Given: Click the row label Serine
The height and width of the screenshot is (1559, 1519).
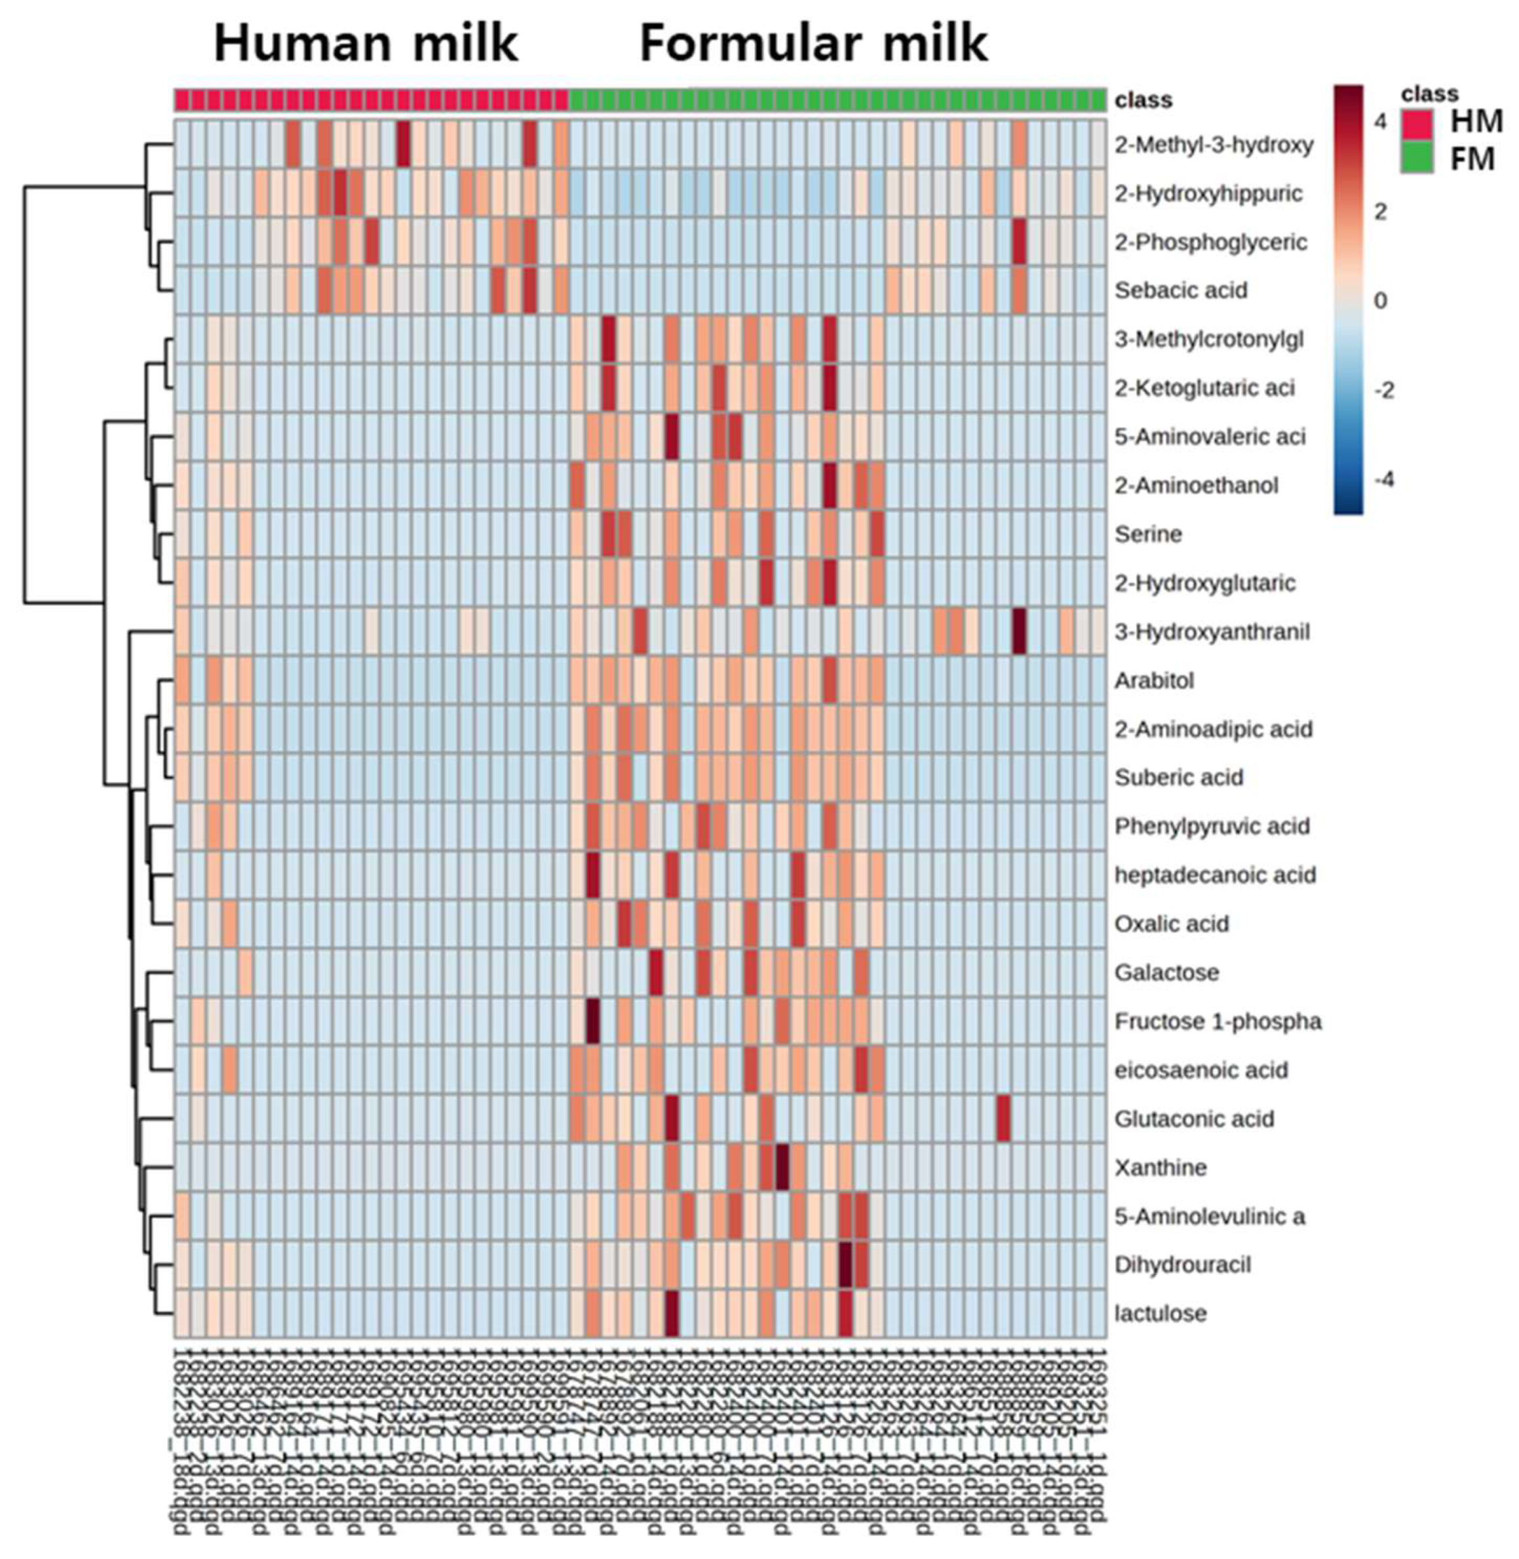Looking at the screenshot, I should pyautogui.click(x=1148, y=534).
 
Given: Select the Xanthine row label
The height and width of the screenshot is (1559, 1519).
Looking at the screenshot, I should pyautogui.click(x=1160, y=1167).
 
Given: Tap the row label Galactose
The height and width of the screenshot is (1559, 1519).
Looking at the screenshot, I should pyautogui.click(x=1166, y=972).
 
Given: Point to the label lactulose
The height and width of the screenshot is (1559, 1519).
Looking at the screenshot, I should pyautogui.click(x=1160, y=1313).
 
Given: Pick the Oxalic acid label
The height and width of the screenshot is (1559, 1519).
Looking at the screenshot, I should pyautogui.click(x=1171, y=924).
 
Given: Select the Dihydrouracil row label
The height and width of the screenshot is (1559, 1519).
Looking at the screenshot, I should pyautogui.click(x=1182, y=1265).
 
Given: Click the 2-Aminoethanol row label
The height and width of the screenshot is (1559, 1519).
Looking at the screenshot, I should pyautogui.click(x=1196, y=485).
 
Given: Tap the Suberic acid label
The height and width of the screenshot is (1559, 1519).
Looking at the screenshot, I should pyautogui.click(x=1178, y=777).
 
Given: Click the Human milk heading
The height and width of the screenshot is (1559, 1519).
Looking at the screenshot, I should pyautogui.click(x=366, y=44).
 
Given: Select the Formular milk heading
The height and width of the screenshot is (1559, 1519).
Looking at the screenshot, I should pyautogui.click(x=814, y=44).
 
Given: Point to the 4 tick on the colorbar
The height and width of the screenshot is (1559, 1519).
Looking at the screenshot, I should pyautogui.click(x=1380, y=121).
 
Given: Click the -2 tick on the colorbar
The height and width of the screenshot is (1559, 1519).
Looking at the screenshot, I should pyautogui.click(x=1384, y=390).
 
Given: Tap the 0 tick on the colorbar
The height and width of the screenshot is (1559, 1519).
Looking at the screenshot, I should pyautogui.click(x=1380, y=300).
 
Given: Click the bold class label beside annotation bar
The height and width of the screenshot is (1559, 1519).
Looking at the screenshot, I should pyautogui.click(x=1144, y=100).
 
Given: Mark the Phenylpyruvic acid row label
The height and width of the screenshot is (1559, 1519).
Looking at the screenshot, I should pyautogui.click(x=1211, y=826).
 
